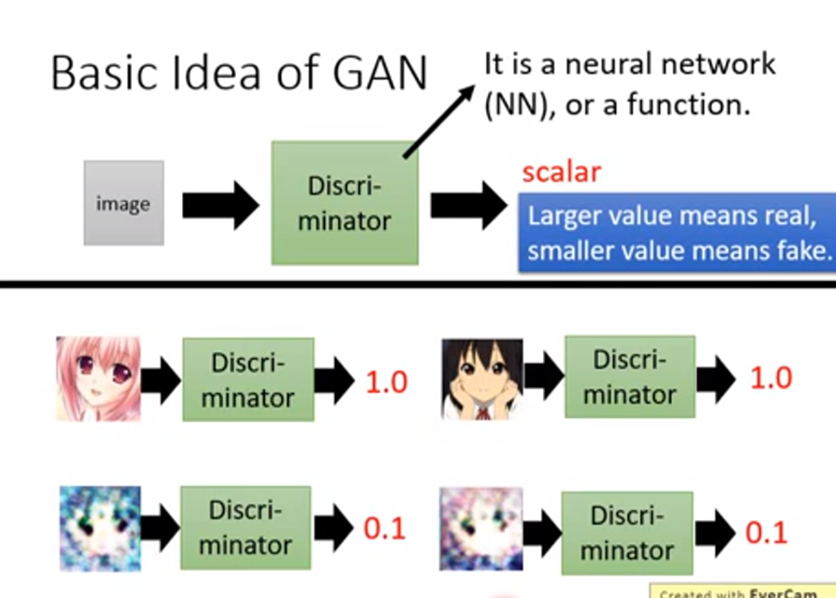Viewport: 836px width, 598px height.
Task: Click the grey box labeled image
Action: [x=123, y=203]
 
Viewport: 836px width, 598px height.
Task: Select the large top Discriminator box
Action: [x=344, y=203]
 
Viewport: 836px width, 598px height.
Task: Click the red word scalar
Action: [x=562, y=172]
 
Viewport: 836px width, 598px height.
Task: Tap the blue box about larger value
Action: [x=676, y=233]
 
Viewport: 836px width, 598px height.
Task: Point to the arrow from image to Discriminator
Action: [x=219, y=205]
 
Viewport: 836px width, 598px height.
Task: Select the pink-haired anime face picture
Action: [x=98, y=378]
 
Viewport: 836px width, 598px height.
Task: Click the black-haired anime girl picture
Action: [x=482, y=378]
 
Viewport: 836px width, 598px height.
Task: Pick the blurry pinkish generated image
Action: [x=481, y=530]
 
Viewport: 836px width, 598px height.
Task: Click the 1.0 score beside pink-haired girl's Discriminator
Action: [x=386, y=381]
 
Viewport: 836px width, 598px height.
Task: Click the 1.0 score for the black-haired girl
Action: [x=770, y=378]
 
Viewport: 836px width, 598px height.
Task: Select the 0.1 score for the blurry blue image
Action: [x=385, y=529]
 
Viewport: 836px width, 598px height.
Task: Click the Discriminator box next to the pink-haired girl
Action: [x=248, y=380]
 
